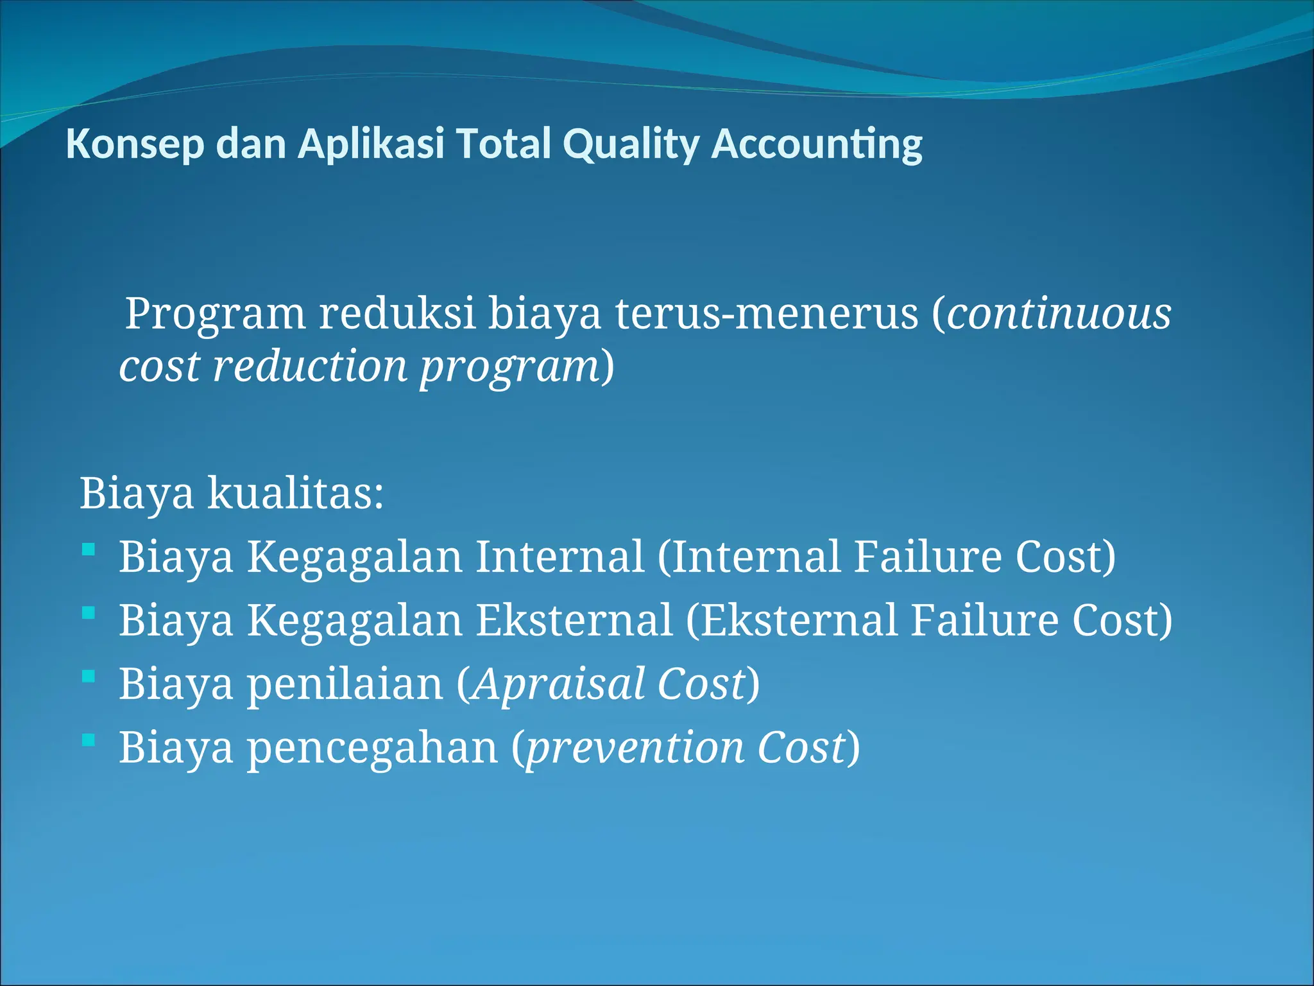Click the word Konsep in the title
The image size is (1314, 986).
pos(135,144)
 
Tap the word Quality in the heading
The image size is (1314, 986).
pos(631,144)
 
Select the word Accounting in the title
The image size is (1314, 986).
pos(816,144)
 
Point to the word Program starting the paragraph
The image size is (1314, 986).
pos(215,315)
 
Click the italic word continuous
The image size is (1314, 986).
pos(1059,315)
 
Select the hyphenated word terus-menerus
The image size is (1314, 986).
pos(767,315)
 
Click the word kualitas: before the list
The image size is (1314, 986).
pos(295,494)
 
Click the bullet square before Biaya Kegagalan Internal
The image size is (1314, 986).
pos(89,549)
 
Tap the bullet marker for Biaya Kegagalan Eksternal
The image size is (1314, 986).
pos(89,613)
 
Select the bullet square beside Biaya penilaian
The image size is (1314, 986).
pos(89,677)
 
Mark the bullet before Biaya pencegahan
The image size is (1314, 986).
pos(89,740)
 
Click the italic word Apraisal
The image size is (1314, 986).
pos(558,684)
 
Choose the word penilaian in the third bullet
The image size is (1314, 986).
pos(345,685)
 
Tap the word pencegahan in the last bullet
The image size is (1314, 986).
pos(372,748)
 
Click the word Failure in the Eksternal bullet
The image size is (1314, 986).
pos(984,620)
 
